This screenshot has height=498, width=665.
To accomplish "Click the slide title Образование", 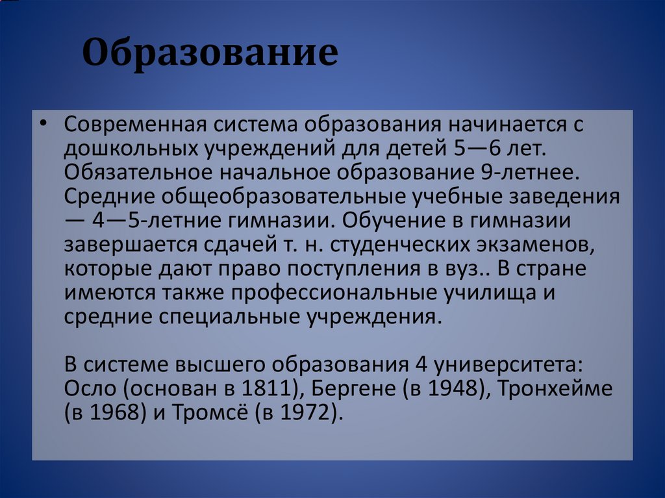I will (210, 54).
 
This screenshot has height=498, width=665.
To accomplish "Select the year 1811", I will (268, 389).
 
